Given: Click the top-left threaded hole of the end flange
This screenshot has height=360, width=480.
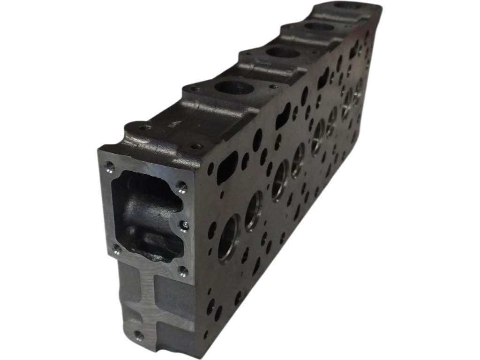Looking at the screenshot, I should tap(110, 165).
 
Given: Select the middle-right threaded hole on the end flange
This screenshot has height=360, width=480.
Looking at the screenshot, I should tap(185, 226).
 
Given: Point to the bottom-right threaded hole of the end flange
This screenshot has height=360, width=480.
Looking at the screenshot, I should tap(183, 270).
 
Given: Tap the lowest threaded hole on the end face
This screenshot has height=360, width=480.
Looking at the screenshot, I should tap(139, 335).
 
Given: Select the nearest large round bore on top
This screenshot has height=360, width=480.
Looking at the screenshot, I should tap(234, 87).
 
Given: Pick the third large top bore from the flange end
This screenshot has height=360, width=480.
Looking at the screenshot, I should tap(319, 27).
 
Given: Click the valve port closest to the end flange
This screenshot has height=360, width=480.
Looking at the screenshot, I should tap(230, 239).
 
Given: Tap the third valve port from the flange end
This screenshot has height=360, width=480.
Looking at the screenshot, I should tap(280, 180).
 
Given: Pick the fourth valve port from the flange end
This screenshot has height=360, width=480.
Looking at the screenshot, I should tap(298, 159).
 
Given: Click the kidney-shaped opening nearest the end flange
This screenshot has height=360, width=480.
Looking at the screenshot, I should tap(227, 166).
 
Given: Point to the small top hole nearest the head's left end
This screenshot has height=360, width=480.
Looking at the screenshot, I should tap(146, 127).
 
